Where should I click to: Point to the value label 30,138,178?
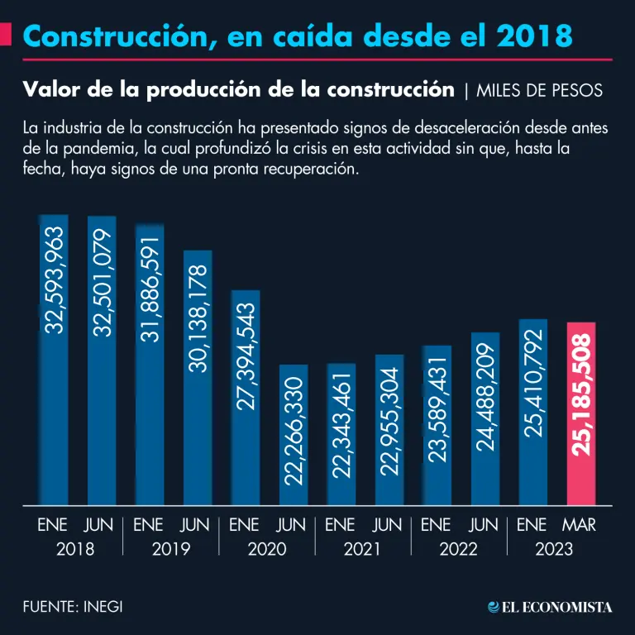tap(198, 319)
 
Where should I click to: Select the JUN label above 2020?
tap(291, 525)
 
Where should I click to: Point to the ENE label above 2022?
tap(437, 525)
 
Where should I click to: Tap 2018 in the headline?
tap(537, 36)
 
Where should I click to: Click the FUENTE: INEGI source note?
tap(73, 606)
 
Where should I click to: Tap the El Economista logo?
tap(550, 607)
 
